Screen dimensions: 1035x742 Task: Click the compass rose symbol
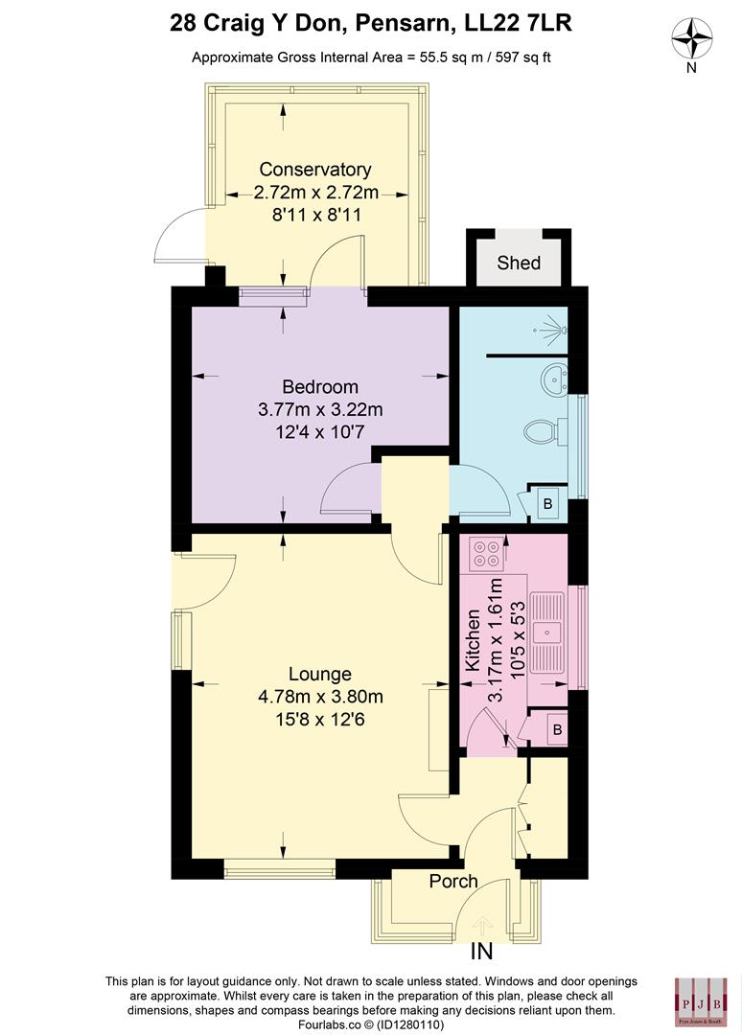(x=693, y=40)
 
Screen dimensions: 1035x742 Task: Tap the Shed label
(x=519, y=263)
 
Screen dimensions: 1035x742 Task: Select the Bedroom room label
(x=320, y=387)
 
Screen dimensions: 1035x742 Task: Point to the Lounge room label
(x=320, y=674)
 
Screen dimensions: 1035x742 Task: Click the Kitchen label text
(x=473, y=640)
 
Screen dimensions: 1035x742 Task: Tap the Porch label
(x=453, y=881)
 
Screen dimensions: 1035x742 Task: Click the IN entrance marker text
(x=481, y=953)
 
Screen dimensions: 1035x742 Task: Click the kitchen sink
(x=548, y=632)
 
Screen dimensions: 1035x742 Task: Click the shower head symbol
(x=554, y=331)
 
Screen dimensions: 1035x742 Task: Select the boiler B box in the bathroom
(x=547, y=503)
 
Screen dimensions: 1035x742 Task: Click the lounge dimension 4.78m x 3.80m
(x=320, y=697)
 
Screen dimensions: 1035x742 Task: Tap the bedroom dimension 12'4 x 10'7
(x=320, y=433)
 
